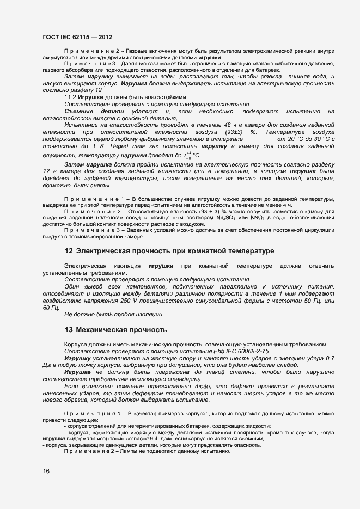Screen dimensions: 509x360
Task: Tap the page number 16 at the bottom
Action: coord(46,471)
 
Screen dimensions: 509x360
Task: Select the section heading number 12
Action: coord(69,251)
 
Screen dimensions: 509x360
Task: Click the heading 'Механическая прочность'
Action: coord(121,330)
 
